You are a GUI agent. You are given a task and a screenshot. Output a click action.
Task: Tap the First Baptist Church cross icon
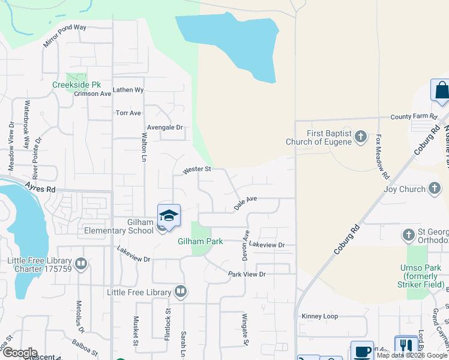[x=360, y=137]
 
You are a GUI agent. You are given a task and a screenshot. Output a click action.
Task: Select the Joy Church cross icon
[x=434, y=189]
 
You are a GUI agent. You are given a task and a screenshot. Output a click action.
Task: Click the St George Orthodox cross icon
[x=409, y=234]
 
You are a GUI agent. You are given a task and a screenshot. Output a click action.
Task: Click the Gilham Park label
[x=200, y=241]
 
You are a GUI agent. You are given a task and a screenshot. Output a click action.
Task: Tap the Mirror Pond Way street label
[x=65, y=36]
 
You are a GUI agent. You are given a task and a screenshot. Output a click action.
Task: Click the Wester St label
[x=197, y=170]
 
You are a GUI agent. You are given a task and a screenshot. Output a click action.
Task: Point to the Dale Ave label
[x=246, y=202]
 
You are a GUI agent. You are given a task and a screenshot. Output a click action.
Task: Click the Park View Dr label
[x=246, y=274]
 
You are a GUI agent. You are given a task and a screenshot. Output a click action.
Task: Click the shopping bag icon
[x=442, y=91]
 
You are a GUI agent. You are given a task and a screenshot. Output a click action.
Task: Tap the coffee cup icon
[x=362, y=351]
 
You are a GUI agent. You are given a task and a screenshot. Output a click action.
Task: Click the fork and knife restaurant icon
[x=406, y=346]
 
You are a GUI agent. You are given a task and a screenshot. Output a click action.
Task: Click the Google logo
[x=19, y=353]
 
